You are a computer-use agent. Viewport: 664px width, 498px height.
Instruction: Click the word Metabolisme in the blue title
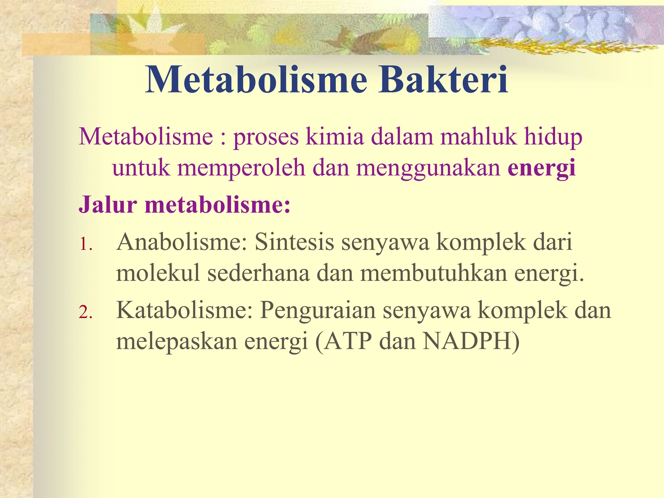coord(256,80)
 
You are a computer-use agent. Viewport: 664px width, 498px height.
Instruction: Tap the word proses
coord(266,137)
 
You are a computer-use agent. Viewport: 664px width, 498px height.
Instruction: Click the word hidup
coord(553,137)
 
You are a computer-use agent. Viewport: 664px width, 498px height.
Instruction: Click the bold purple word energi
coord(541,169)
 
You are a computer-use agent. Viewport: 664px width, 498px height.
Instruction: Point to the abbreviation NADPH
coord(467,341)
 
